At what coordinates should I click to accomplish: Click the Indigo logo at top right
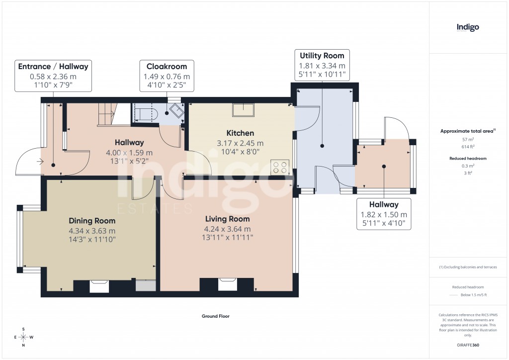click(468, 28)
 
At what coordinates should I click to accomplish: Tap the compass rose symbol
click(23, 337)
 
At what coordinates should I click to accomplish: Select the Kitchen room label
click(240, 133)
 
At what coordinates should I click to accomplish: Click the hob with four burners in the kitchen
click(280, 167)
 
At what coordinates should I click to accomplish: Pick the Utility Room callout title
click(322, 56)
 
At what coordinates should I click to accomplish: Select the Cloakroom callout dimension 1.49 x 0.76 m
click(167, 77)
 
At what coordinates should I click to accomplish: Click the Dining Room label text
click(92, 221)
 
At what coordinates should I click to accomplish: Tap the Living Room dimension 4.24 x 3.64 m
click(227, 229)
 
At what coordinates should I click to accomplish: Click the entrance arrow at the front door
click(40, 161)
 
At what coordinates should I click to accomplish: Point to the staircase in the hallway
click(106, 114)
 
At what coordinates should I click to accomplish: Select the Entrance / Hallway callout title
click(53, 67)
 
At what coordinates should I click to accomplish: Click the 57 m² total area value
click(467, 140)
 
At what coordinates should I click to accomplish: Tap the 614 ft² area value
click(467, 147)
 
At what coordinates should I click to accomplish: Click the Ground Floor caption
click(215, 316)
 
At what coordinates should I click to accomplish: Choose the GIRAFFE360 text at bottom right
click(468, 345)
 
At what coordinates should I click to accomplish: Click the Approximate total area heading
click(466, 131)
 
